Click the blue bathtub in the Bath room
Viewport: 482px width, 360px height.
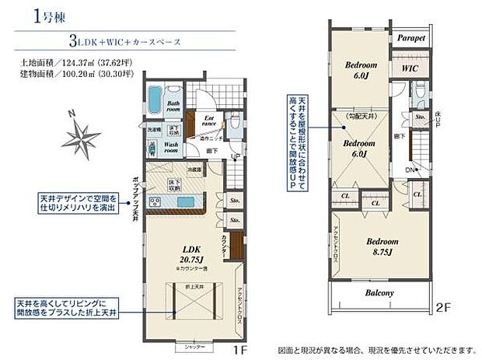[153, 100]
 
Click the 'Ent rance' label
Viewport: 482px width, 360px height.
[209, 120]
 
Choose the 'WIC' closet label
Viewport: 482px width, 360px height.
[410, 68]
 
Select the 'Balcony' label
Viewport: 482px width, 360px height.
[380, 293]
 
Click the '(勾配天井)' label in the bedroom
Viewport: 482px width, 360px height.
[359, 117]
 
